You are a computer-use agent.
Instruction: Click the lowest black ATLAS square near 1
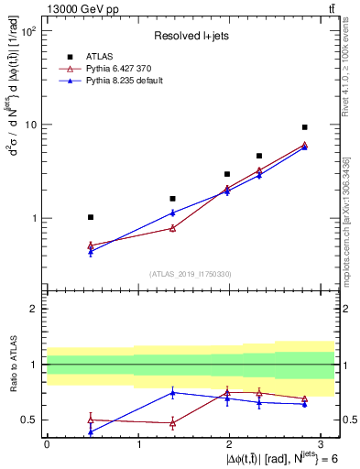click(90, 217)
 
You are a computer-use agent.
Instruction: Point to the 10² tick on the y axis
click(27, 31)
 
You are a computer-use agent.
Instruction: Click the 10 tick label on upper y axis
click(29, 125)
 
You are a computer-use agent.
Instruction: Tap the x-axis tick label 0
click(47, 443)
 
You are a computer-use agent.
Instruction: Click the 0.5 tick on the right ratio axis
click(349, 420)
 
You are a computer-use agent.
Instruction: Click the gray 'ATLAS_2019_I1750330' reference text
click(191, 273)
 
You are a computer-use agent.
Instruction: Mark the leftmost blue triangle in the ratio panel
click(90, 431)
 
